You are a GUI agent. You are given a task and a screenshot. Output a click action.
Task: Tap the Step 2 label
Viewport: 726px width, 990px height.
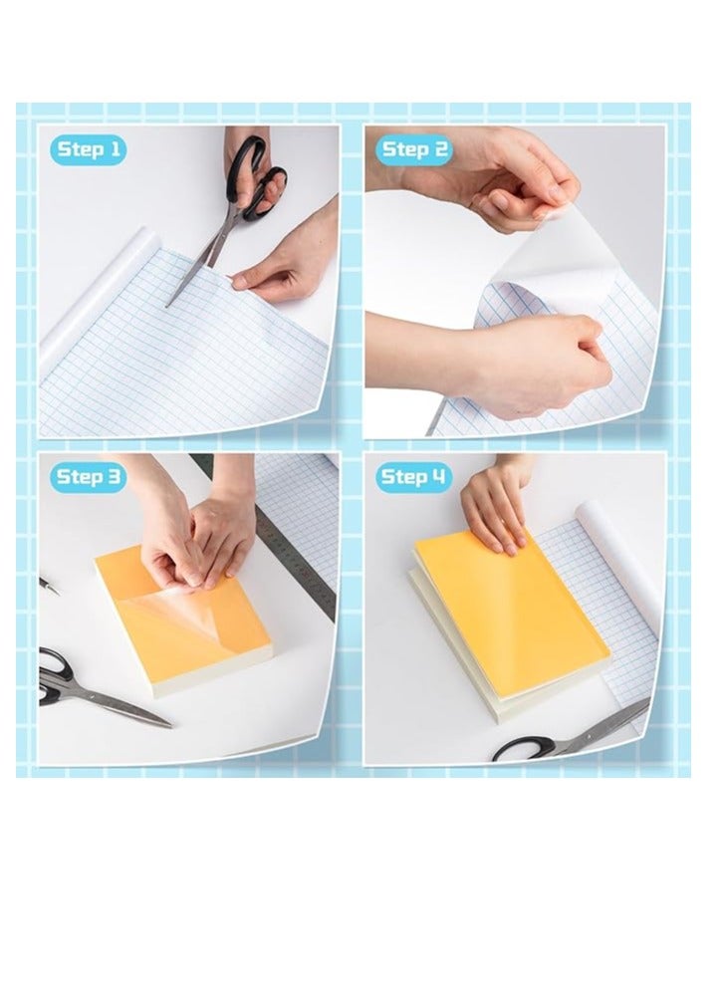pyautogui.click(x=414, y=149)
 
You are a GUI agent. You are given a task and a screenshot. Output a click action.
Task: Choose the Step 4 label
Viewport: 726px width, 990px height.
pyautogui.click(x=414, y=477)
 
